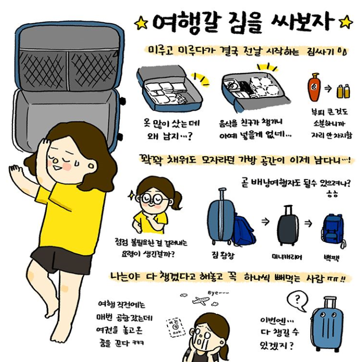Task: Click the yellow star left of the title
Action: click(x=141, y=23)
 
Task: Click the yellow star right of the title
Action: click(x=346, y=22)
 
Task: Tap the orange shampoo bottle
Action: click(x=314, y=87)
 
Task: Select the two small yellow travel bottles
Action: click(x=343, y=91)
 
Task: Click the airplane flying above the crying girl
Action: click(x=200, y=300)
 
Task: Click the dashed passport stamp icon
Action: click(x=176, y=327)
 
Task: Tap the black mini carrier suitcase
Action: click(x=287, y=225)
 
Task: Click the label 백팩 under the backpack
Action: click(x=331, y=258)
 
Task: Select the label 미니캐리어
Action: click(x=286, y=257)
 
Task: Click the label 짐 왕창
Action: click(x=223, y=255)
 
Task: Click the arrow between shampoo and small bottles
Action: click(x=328, y=88)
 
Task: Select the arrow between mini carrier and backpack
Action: click(x=308, y=223)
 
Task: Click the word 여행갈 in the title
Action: click(x=187, y=23)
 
